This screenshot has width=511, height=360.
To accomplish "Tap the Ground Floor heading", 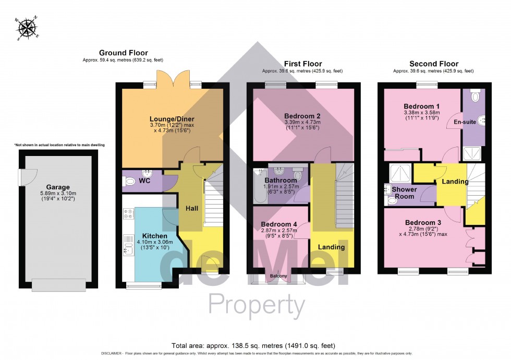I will [x=123, y=53].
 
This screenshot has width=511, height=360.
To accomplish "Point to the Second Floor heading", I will [x=433, y=64].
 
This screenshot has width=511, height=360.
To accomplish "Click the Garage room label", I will [x=57, y=187].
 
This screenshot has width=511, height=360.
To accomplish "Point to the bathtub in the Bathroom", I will [x=259, y=186].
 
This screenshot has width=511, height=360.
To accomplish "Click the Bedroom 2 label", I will [x=302, y=115].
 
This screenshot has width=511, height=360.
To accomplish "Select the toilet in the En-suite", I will [x=475, y=96].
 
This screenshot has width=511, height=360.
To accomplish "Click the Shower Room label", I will [x=404, y=193].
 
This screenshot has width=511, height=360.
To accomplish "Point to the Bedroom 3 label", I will [x=423, y=223].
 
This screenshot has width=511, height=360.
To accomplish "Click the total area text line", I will [x=253, y=345].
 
